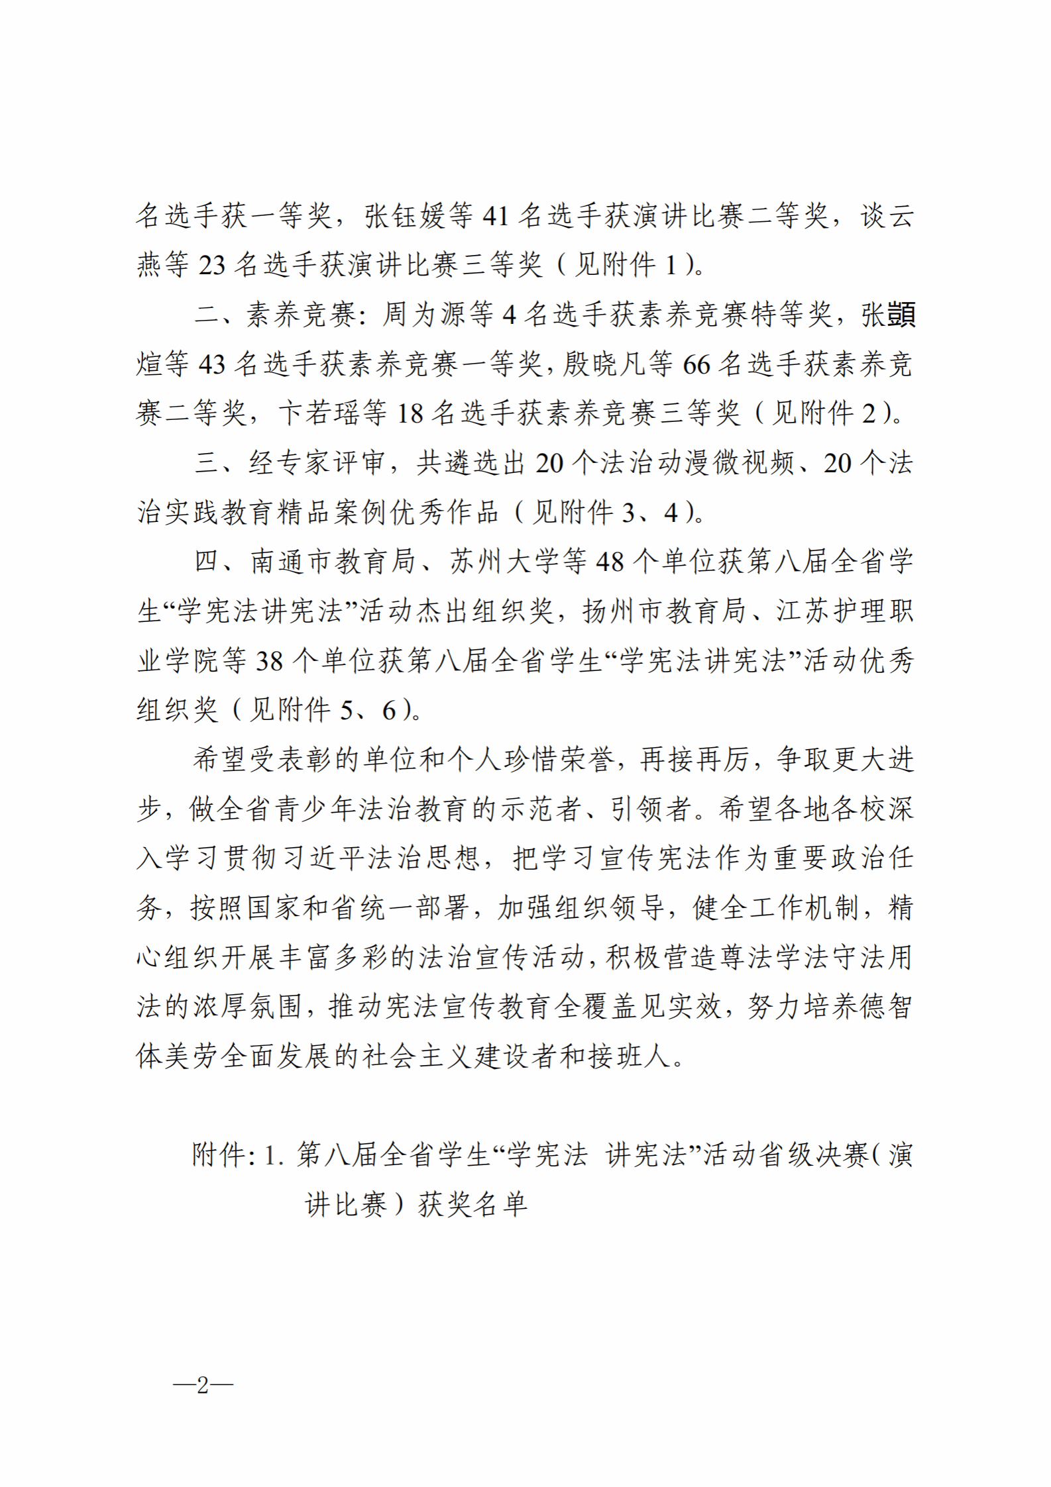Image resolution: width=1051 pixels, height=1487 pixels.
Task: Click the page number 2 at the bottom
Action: [203, 1384]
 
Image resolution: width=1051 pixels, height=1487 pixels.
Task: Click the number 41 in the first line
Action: [495, 216]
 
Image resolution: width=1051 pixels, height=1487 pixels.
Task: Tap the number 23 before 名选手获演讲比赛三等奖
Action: [212, 265]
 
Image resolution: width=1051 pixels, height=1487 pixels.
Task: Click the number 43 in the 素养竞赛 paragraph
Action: [212, 364]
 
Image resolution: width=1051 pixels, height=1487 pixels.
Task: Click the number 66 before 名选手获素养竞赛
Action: [696, 364]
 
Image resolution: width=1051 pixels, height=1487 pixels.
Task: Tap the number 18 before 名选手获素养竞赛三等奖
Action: [410, 413]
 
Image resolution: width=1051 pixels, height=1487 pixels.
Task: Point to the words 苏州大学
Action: [505, 562]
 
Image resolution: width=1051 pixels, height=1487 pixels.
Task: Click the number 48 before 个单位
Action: [610, 562]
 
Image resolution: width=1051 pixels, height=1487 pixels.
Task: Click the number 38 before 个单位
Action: [270, 660]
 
